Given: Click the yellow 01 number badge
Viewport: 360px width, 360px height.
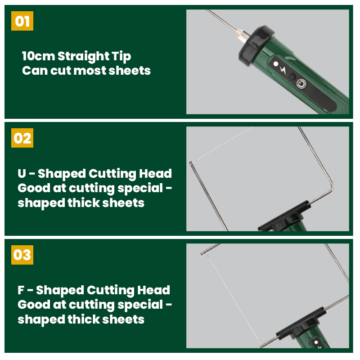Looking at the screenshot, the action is (x=22, y=21).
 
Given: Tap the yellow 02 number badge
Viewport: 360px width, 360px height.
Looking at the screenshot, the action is (x=22, y=138).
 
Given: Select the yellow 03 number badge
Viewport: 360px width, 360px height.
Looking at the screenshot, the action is (x=22, y=255).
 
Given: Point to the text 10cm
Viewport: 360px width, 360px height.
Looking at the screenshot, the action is (x=39, y=56).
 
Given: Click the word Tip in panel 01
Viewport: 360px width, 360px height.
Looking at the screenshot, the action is (x=121, y=57).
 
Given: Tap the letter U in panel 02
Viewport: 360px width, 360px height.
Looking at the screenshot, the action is (x=22, y=174).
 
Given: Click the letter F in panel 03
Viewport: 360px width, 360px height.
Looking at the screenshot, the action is (x=21, y=290).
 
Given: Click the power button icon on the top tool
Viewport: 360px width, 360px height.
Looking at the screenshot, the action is (x=301, y=84).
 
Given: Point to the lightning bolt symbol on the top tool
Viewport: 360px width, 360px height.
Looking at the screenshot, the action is (x=283, y=70).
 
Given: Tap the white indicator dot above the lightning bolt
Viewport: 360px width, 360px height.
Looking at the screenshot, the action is (x=276, y=63).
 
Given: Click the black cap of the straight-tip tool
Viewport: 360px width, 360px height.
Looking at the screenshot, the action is (x=256, y=45).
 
